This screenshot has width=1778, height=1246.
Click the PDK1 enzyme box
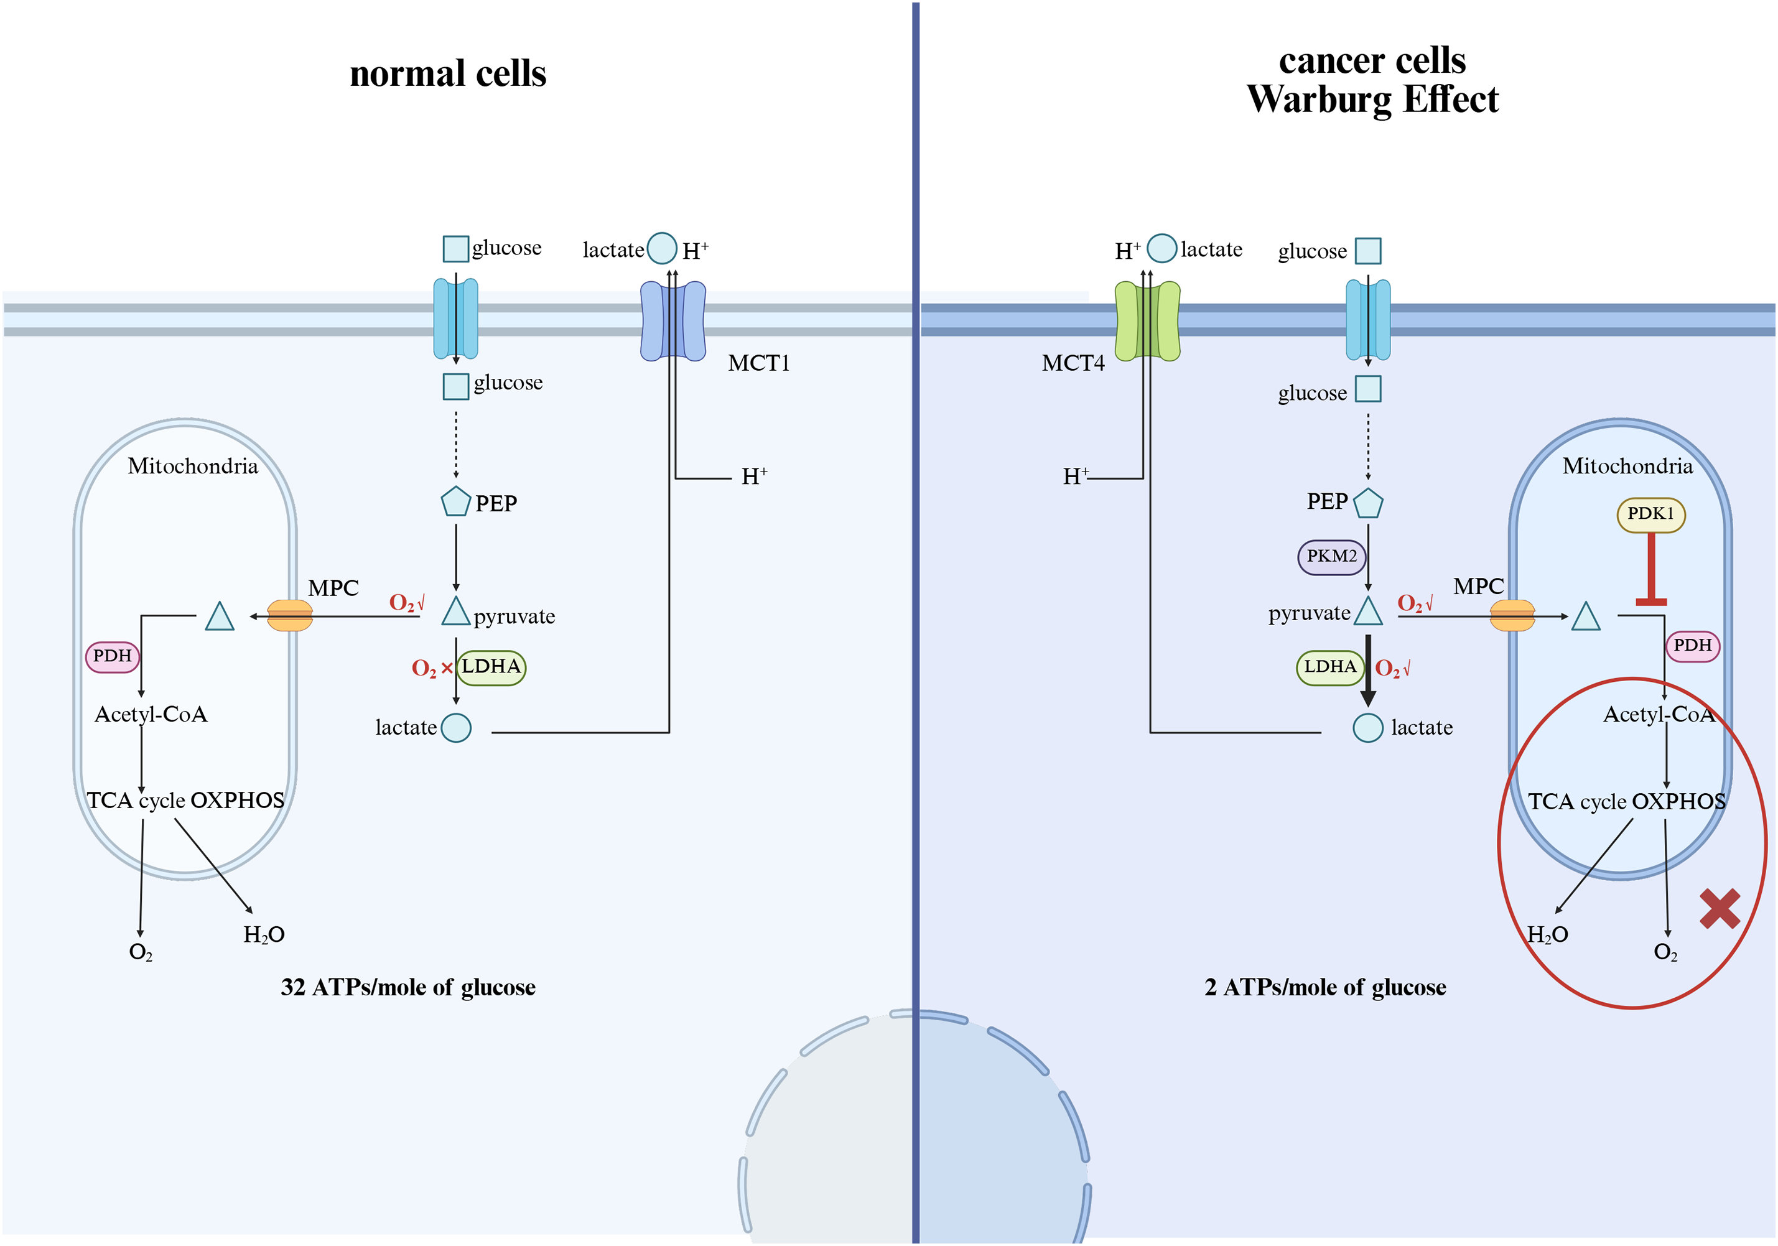pos(1651,515)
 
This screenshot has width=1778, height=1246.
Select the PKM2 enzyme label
pos(1331,557)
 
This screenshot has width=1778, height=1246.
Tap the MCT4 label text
pos(1073,363)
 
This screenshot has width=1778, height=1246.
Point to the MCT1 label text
pos(759,363)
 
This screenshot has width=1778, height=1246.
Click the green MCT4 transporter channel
pos(1147,320)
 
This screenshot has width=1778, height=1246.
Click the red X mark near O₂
pos(1720,908)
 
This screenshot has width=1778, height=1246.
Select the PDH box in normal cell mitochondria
pos(112,657)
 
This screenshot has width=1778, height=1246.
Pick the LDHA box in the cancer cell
pos(1329,667)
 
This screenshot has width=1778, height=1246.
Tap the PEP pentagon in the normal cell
pos(456,502)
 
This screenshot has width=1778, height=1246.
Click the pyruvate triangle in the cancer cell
pos(1369,611)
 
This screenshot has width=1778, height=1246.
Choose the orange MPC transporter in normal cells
pos(290,616)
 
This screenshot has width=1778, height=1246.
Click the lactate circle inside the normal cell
pos(456,728)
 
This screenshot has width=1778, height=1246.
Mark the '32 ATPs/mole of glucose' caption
pos(408,987)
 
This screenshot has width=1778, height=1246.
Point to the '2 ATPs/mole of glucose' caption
pos(1325,987)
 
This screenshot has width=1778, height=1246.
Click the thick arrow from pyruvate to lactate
pos(1369,671)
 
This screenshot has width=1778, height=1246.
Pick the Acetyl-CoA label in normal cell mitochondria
pos(151,715)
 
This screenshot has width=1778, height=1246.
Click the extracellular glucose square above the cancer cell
pos(1369,251)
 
